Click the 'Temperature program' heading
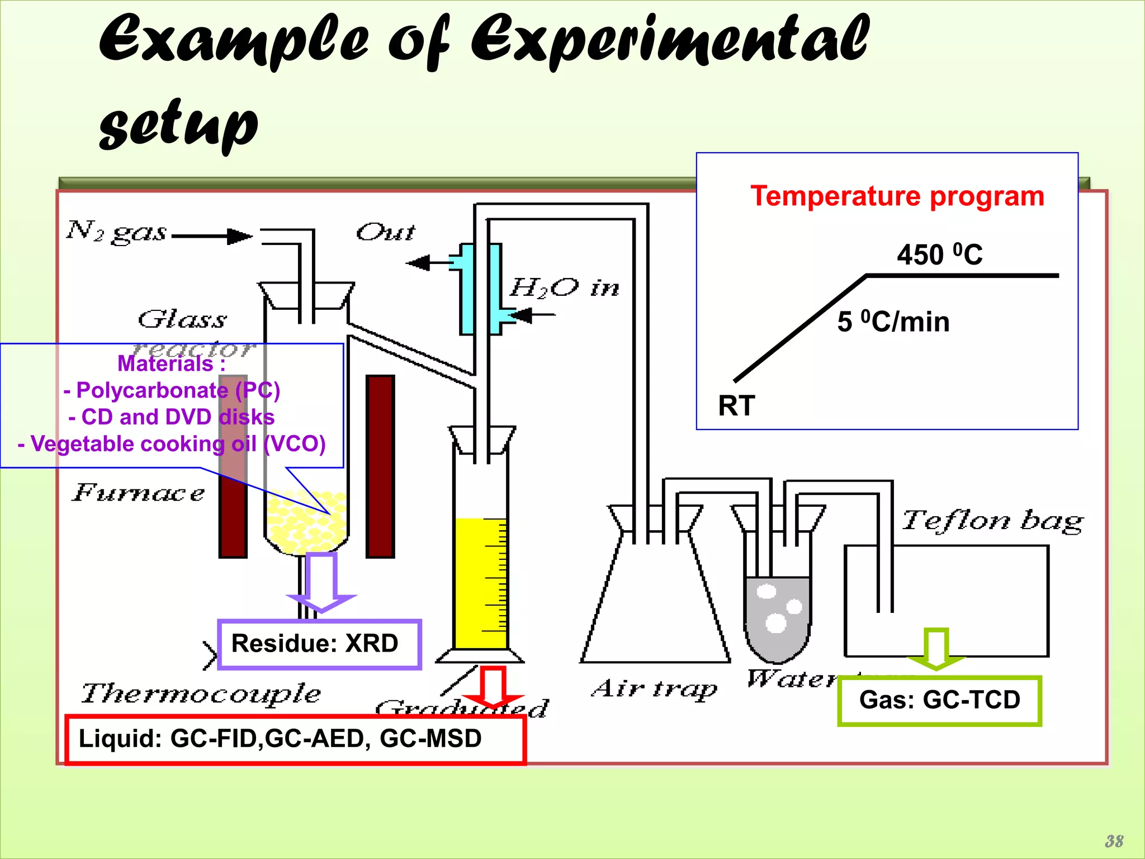pos(897,196)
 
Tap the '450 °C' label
pos(939,255)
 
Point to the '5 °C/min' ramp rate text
pos(893,322)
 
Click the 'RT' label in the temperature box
pos(736,405)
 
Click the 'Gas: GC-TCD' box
pos(939,700)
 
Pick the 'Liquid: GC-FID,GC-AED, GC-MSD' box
pos(295,739)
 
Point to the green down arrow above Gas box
pos(936,649)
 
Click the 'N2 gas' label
pos(116,232)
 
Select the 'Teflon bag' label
pos(992,521)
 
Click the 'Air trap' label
pos(654,689)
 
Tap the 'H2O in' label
pos(564,288)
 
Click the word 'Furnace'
pos(139,493)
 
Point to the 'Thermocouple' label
pos(201,694)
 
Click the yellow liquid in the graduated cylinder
pos(480,582)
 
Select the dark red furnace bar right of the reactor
pos(380,466)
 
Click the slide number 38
pos(1114,841)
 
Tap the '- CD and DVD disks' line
pos(172,417)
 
